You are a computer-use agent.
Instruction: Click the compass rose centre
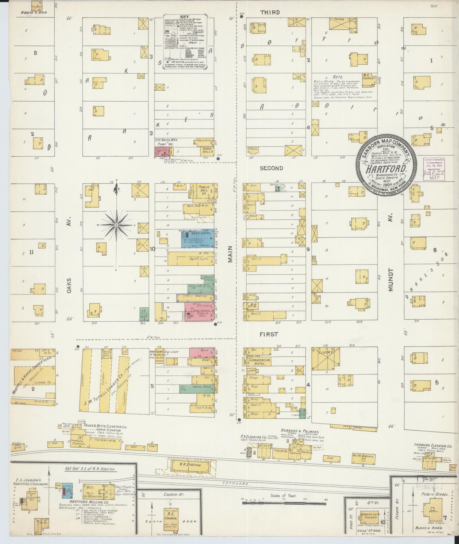116,225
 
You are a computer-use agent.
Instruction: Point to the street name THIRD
270,12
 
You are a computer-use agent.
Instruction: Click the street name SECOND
271,168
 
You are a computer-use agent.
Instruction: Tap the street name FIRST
269,334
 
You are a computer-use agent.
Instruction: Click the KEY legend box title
186,17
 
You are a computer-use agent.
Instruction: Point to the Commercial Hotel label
259,362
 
